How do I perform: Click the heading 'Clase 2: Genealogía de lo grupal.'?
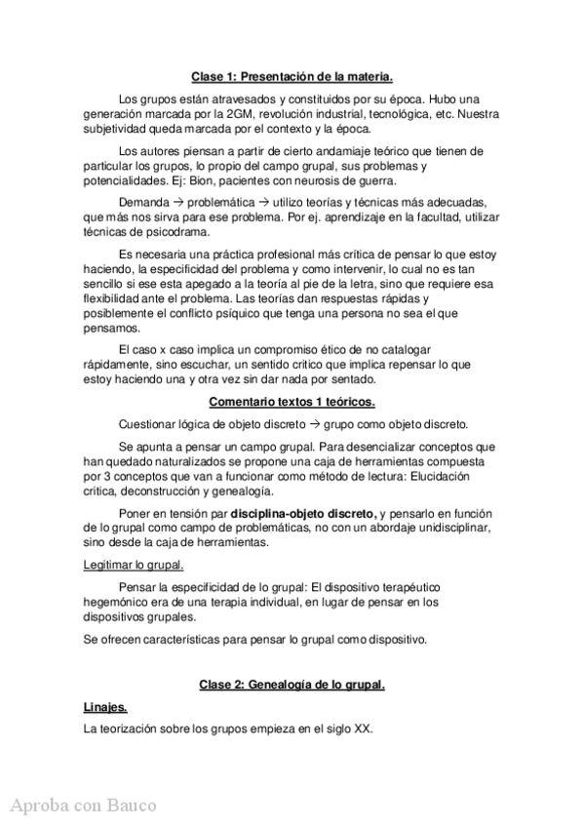tap(292, 685)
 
